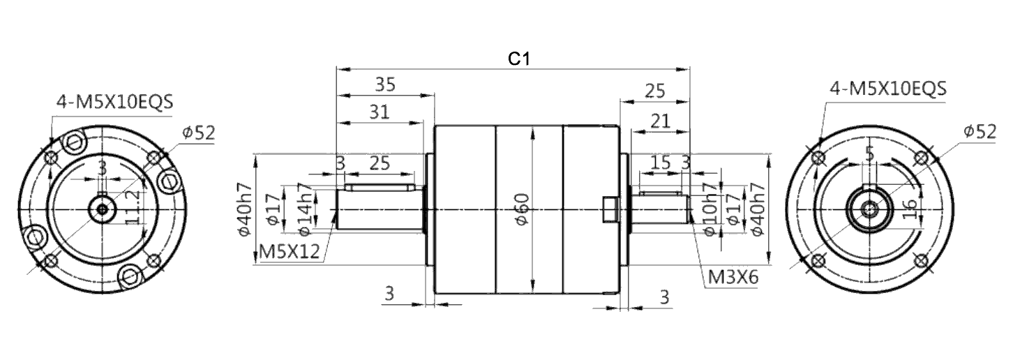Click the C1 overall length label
tap(519, 59)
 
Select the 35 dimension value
tap(385, 84)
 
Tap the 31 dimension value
tap(379, 112)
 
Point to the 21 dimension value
tap(660, 121)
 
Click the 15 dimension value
tap(660, 163)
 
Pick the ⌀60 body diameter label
tap(523, 209)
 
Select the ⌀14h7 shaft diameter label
tap(306, 209)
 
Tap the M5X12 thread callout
tap(290, 251)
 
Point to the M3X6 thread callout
tap(733, 277)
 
